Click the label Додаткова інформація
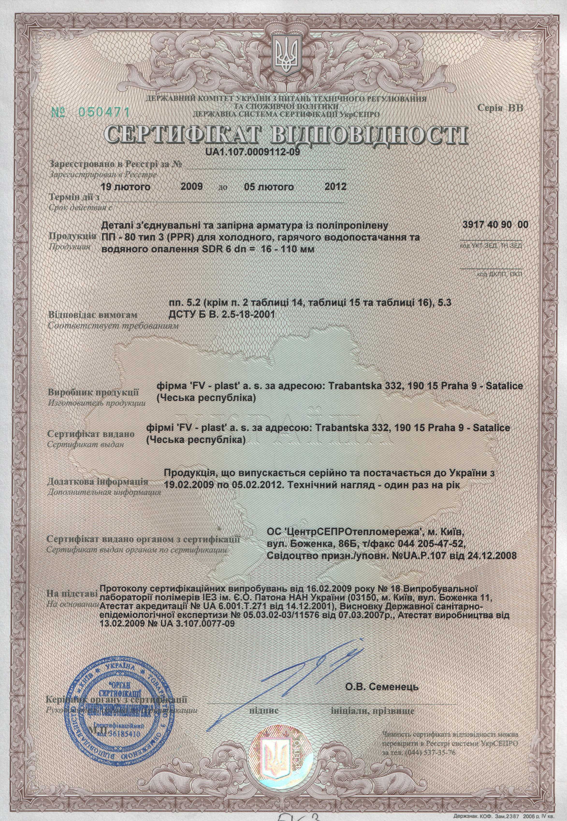point(97,482)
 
